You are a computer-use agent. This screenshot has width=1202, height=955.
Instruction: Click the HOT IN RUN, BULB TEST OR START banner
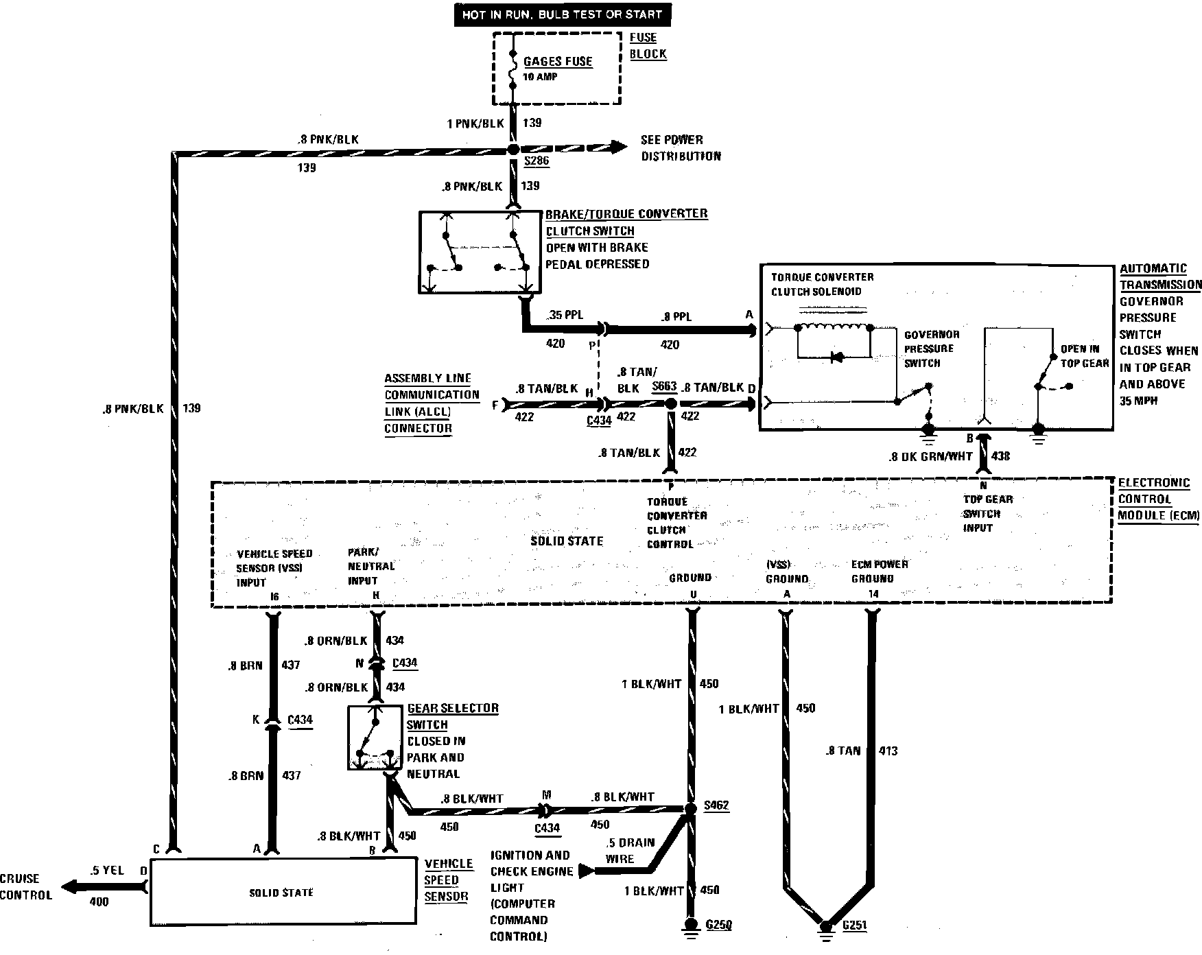tap(561, 14)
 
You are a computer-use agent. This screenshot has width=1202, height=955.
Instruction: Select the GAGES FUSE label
tap(558, 61)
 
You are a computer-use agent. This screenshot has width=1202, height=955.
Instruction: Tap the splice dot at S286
tap(513, 149)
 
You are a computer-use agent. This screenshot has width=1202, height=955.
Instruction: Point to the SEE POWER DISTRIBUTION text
tap(681, 148)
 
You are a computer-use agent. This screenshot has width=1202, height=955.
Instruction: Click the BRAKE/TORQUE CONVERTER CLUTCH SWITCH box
tap(480, 252)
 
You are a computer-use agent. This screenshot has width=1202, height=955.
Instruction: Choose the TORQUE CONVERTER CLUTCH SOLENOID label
tap(822, 284)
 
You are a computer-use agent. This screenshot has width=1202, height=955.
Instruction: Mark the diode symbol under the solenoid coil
tap(835, 357)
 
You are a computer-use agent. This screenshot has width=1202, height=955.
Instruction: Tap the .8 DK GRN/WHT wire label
tap(930, 455)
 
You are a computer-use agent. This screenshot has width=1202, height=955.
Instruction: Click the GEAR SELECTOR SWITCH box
tap(375, 738)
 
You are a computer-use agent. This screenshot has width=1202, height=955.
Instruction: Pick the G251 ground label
tap(854, 925)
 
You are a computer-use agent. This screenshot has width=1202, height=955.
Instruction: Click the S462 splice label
tap(716, 805)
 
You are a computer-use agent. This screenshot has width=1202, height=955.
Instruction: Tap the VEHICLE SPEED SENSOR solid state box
tap(281, 892)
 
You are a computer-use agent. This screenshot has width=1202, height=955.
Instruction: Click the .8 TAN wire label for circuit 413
tap(842, 751)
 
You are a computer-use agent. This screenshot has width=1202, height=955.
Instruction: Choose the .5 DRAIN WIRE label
tap(630, 850)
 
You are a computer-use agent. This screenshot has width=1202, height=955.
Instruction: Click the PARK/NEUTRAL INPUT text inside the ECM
tap(371, 566)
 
